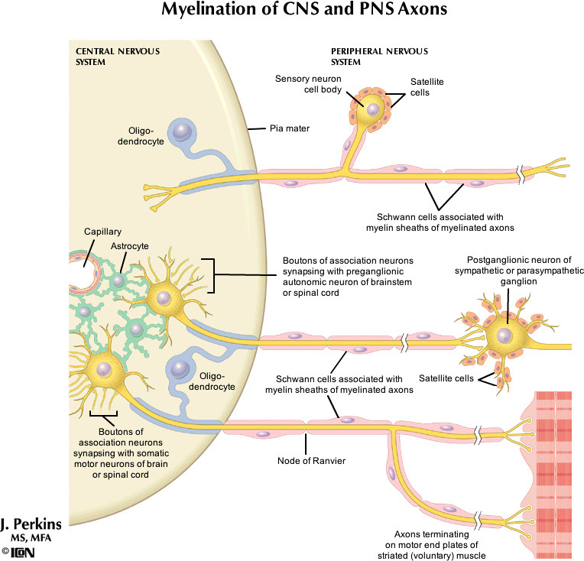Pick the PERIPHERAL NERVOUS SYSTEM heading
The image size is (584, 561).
(x=370, y=57)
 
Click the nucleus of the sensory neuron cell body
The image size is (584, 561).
(x=371, y=109)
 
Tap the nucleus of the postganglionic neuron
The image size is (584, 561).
(x=502, y=335)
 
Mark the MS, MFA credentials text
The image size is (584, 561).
(x=34, y=538)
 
